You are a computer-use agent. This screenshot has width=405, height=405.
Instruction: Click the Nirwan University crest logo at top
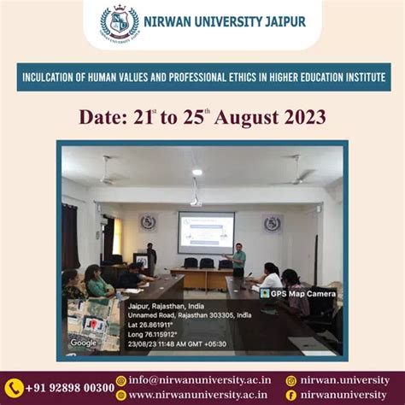(x=119, y=22)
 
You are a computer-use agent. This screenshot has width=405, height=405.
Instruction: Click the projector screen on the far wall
(x=206, y=232)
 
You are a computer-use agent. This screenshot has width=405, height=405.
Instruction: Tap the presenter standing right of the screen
(x=239, y=261)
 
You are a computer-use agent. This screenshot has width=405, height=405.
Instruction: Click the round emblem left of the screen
(x=149, y=222)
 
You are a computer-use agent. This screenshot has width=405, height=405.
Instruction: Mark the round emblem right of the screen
(x=273, y=224)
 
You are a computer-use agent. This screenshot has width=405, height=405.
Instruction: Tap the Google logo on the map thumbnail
(x=83, y=343)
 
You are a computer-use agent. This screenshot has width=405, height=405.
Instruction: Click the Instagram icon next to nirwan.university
(x=291, y=380)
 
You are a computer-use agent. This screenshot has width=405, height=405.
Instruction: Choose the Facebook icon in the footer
(x=291, y=395)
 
